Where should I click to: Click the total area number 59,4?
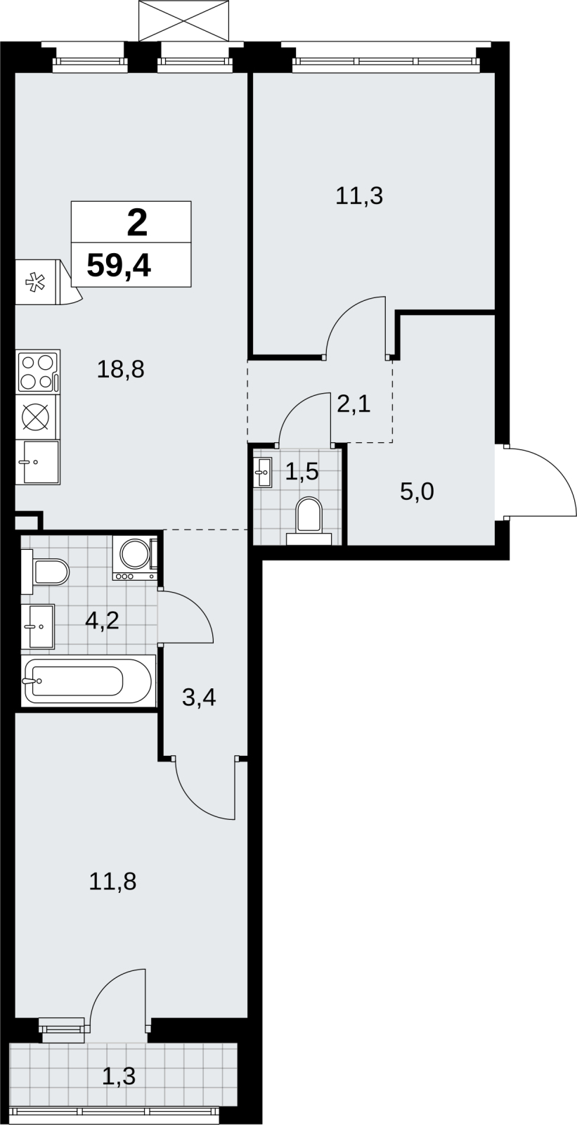point(119,265)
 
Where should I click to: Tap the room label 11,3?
point(359,196)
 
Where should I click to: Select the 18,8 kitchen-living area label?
point(120,370)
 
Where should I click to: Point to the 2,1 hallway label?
point(354,404)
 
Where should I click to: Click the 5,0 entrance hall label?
point(417,491)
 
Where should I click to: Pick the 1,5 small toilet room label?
point(302,471)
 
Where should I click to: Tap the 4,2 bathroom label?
point(102,622)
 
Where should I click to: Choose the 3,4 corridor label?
point(199,697)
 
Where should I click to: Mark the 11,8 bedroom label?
point(112,882)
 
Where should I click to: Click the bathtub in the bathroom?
point(88,681)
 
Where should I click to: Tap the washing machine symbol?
point(136,558)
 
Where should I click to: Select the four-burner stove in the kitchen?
point(38,372)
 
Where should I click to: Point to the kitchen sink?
point(38,462)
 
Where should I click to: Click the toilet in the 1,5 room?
point(309,520)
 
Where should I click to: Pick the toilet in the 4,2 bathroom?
point(45,572)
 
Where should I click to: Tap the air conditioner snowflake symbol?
point(35,282)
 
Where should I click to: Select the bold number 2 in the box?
point(137,223)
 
